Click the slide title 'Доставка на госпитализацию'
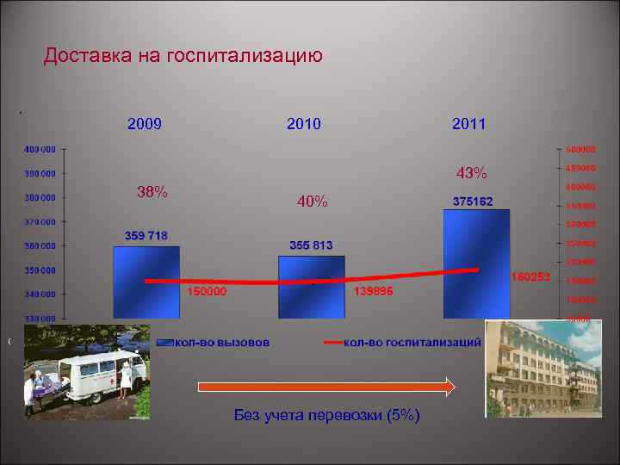click(183, 57)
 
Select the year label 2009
click(145, 124)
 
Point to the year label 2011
click(468, 124)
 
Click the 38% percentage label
click(152, 192)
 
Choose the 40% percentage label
click(312, 201)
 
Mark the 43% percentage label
click(472, 174)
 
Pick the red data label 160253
click(530, 277)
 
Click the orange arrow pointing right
click(326, 387)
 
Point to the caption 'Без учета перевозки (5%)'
click(327, 415)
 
